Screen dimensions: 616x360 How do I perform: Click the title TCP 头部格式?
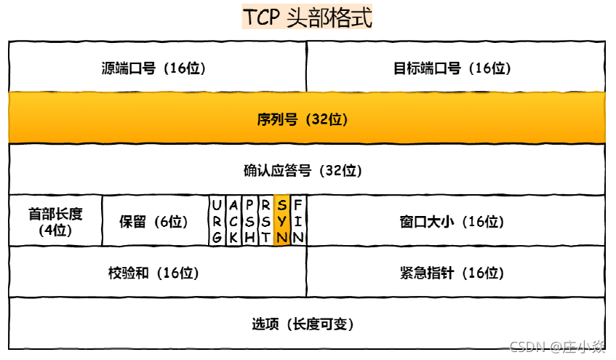coord(308,18)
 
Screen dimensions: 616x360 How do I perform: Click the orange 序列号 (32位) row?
coord(307,119)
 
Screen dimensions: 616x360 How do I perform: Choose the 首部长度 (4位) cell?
coord(55,221)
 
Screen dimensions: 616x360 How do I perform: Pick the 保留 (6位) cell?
coord(154,221)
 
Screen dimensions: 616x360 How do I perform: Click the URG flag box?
coord(217,220)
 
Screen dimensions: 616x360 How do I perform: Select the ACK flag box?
coord(233,220)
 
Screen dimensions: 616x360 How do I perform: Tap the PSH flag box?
coord(249,220)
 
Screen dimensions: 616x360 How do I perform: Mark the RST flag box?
coord(265,220)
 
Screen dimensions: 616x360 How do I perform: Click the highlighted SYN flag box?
coord(282,220)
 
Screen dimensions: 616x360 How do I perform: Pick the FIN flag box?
coord(298,220)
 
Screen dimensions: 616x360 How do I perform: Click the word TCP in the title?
coord(261,18)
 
